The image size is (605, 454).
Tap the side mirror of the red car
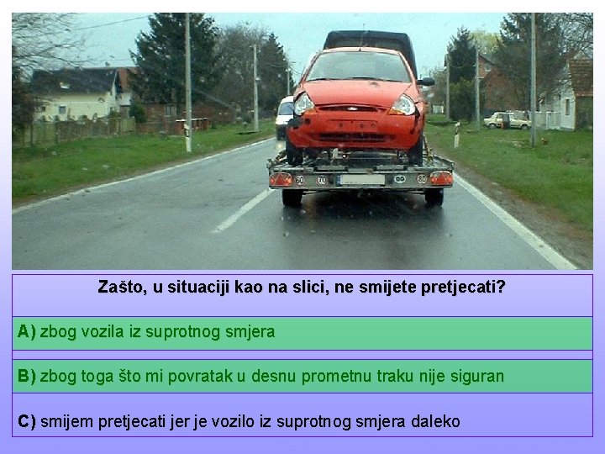click(427, 82)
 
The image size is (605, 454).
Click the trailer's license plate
click(362, 179)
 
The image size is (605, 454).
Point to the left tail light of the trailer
click(281, 179)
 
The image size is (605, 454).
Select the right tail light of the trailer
click(441, 178)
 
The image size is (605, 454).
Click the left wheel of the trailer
click(292, 198)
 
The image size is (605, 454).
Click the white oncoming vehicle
click(284, 118)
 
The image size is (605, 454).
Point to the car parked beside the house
click(508, 120)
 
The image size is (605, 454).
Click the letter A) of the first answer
click(26, 332)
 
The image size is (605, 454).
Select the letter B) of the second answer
click(26, 376)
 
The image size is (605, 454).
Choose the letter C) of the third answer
click(26, 421)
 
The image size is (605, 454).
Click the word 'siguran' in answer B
click(476, 376)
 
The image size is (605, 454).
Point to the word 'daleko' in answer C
click(435, 421)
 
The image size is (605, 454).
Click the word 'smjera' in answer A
click(250, 332)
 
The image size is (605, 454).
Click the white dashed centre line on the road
click(241, 211)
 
